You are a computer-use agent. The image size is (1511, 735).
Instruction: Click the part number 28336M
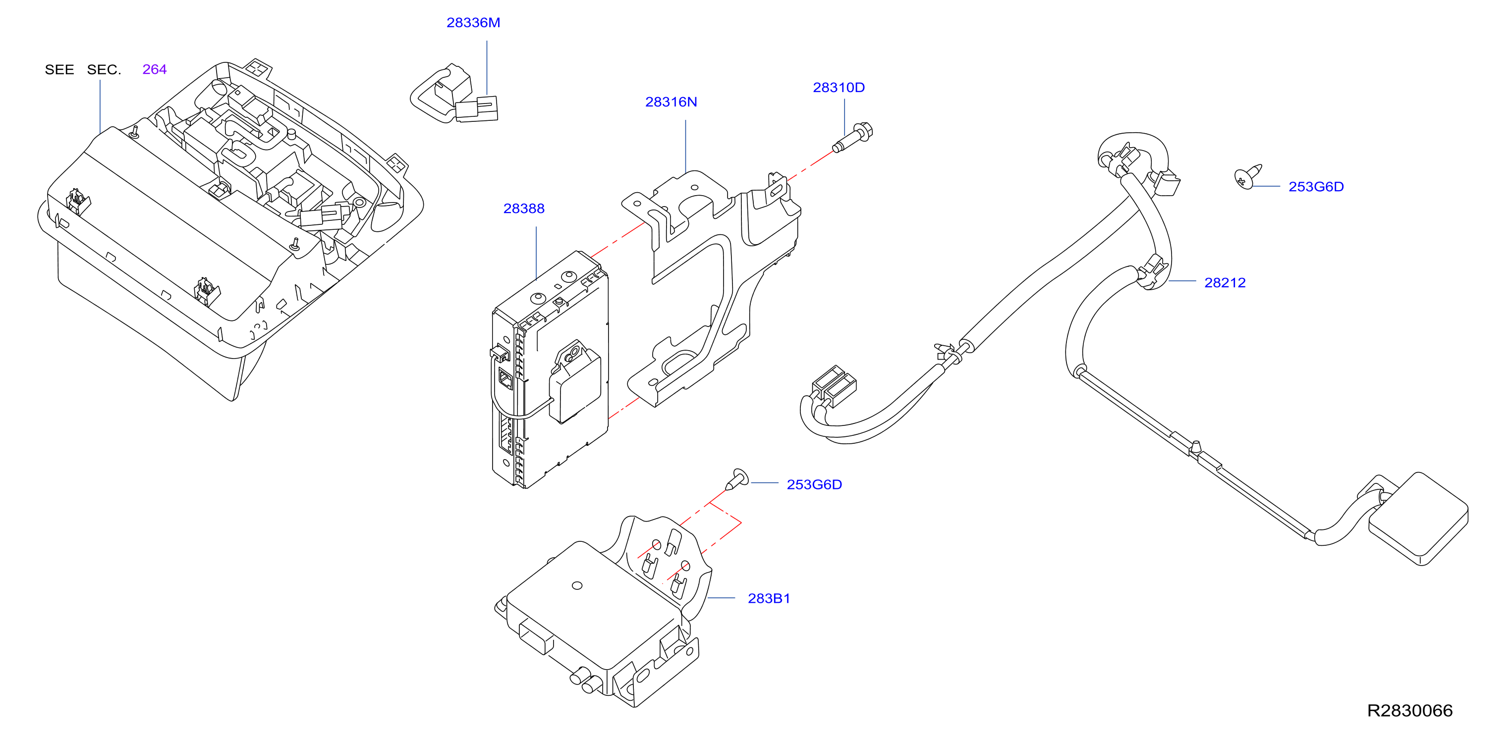tap(473, 23)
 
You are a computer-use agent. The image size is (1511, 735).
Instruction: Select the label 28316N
tap(671, 102)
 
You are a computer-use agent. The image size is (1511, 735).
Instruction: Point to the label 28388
tap(524, 209)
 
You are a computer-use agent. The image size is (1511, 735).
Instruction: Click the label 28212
tap(1225, 282)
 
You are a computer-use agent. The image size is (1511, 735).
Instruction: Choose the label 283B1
tap(769, 598)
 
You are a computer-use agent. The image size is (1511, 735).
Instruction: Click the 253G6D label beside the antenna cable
tap(1316, 186)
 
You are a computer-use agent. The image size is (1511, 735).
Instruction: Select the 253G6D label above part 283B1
tap(814, 485)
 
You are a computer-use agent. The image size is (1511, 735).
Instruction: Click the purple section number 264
tap(154, 69)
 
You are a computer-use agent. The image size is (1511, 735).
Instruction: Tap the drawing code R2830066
tap(1409, 710)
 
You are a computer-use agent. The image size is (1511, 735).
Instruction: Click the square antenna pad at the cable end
tap(1418, 519)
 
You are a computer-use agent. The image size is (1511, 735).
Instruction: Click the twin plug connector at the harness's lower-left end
tap(834, 386)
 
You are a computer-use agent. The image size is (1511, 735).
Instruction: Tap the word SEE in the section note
tap(59, 70)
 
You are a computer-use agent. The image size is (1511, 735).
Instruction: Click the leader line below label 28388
tap(536, 253)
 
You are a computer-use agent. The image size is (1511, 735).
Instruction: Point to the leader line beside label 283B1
tap(721, 598)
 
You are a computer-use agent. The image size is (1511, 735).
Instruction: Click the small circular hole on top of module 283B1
tap(577, 585)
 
